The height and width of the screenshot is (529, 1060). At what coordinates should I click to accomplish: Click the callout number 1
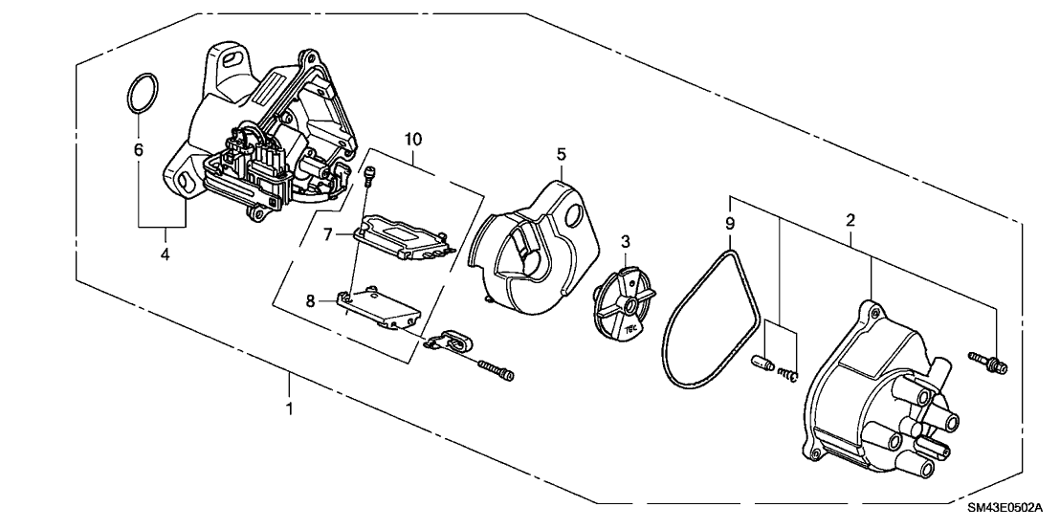point(288,408)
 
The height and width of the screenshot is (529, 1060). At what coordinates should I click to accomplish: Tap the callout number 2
point(850,220)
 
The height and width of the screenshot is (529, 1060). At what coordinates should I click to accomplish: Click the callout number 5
point(562,152)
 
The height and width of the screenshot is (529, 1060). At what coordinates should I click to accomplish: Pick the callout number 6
point(138,150)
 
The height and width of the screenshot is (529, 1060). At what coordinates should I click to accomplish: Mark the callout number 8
point(310,302)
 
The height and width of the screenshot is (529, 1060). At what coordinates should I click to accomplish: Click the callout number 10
point(411,140)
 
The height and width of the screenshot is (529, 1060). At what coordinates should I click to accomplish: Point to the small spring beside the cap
point(788,374)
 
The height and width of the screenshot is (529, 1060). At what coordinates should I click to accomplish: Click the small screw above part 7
point(372,173)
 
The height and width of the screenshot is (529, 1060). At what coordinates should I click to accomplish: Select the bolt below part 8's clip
point(494,369)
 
